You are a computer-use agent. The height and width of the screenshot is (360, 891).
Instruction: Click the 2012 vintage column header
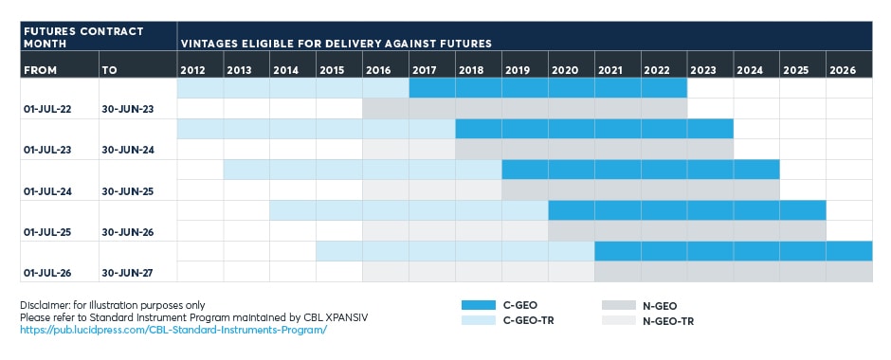pos(192,71)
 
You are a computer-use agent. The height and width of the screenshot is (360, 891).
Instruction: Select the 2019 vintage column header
pos(518,71)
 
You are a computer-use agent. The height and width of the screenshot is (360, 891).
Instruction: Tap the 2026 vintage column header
pos(842,71)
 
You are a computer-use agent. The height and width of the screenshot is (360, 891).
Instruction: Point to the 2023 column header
pos(703,71)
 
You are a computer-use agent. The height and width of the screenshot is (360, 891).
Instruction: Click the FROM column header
pos(41,71)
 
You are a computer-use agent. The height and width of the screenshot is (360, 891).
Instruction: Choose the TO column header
pos(109,71)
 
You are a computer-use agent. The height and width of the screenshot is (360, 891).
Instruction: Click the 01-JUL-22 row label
pos(47,110)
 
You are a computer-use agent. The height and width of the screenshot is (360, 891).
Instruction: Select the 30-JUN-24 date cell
pos(128,151)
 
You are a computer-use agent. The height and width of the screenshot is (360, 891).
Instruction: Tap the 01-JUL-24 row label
pos(47,191)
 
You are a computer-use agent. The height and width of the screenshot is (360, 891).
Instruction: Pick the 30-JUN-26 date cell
pos(128,232)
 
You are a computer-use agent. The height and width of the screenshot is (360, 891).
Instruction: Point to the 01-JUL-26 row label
pos(47,273)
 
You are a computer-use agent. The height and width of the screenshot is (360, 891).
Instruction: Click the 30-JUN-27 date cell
pos(128,273)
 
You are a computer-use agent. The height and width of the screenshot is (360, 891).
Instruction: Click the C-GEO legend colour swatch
pos(479,305)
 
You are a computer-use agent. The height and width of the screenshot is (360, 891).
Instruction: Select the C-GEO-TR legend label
pos(529,321)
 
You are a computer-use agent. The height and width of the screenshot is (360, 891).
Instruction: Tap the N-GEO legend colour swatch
pos(619,305)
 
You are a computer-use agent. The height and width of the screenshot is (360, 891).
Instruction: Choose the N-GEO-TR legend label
pos(668,321)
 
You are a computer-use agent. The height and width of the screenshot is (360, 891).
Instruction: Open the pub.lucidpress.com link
pos(173,330)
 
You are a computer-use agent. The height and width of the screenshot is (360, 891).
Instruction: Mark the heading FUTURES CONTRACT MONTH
pos(83,37)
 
